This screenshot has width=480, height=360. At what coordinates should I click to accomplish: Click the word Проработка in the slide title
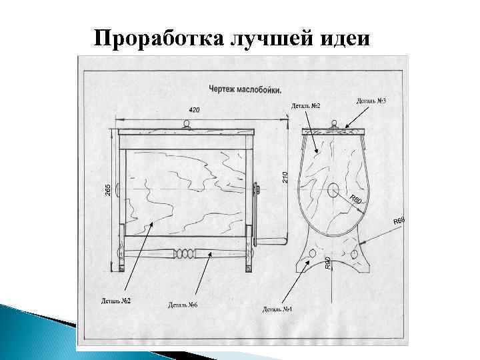(147, 39)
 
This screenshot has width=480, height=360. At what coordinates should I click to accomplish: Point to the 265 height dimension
(107, 189)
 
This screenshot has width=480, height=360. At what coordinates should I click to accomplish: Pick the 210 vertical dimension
(285, 177)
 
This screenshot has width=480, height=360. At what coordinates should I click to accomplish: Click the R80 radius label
(356, 200)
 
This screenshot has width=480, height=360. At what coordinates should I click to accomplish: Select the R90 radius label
(327, 263)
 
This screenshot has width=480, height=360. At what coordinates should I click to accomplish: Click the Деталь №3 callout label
(372, 101)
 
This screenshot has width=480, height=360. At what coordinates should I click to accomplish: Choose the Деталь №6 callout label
(183, 305)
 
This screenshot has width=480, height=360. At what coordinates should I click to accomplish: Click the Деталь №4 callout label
(277, 308)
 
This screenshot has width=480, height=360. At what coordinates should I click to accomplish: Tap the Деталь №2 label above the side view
(307, 106)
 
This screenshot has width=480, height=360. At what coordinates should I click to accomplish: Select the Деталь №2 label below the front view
(116, 301)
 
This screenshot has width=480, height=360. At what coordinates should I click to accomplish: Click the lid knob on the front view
(187, 123)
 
